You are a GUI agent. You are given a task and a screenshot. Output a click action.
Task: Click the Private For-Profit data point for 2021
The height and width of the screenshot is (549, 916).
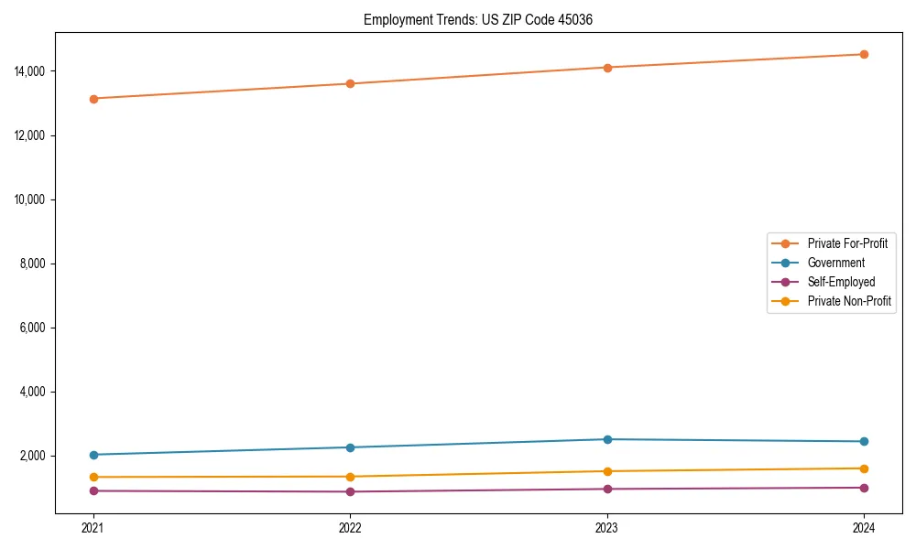93,98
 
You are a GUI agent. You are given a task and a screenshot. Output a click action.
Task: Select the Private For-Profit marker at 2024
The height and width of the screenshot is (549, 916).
864,54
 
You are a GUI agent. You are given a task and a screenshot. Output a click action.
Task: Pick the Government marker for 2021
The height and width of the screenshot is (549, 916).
93,455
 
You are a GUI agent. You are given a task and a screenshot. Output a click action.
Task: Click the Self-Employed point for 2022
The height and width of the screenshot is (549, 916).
350,491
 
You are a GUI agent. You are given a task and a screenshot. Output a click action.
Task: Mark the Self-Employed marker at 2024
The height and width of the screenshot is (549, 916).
864,488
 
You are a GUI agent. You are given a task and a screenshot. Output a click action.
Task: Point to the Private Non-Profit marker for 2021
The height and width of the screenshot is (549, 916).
93,477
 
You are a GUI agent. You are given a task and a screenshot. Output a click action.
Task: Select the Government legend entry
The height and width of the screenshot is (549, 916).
835,263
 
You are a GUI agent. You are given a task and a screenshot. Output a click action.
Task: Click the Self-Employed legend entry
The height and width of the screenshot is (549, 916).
841,282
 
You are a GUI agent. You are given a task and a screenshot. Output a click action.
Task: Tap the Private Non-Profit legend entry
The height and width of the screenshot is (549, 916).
849,301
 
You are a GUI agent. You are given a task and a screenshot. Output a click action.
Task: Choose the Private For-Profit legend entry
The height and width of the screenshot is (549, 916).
847,243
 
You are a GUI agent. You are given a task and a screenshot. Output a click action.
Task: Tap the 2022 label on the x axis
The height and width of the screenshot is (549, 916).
350,527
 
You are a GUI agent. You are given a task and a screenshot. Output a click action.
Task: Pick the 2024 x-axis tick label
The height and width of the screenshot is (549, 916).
864,527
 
